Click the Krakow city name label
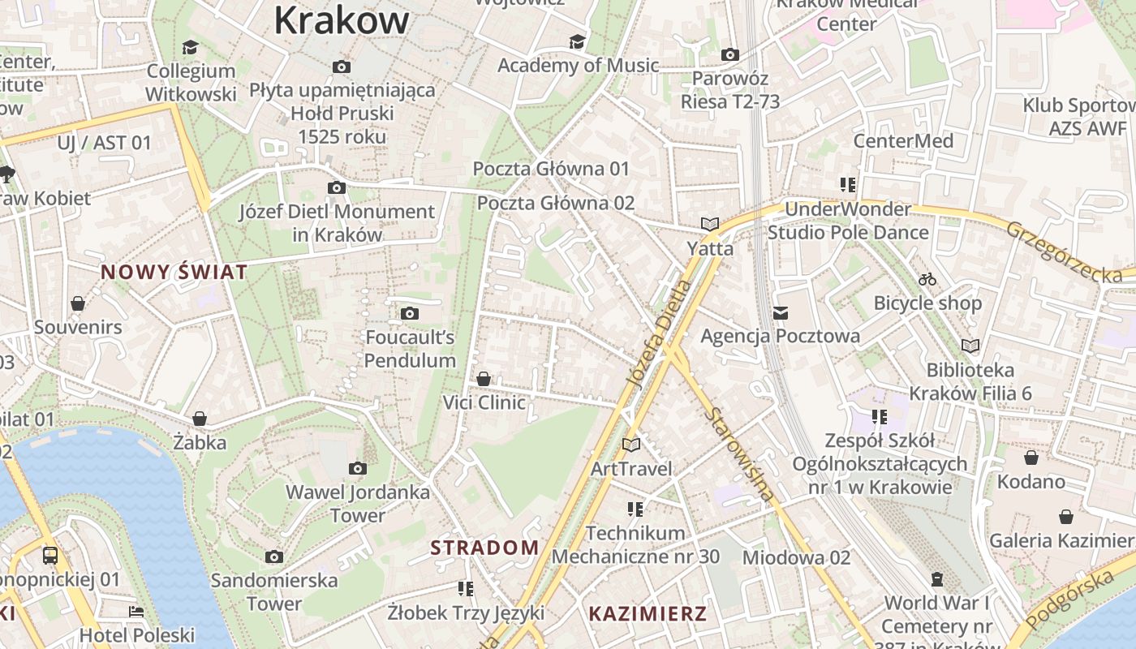tap(341, 19)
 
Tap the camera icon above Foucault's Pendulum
tap(410, 313)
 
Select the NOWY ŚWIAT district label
tap(174, 272)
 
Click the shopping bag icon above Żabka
tap(200, 419)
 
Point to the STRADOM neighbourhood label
tap(484, 548)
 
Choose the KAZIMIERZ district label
tap(648, 613)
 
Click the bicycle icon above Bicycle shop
tap(927, 279)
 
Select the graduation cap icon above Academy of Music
tap(577, 41)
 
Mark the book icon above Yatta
tap(710, 224)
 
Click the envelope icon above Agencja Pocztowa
tap(781, 312)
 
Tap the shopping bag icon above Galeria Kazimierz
tap(1066, 517)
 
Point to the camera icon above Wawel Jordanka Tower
tap(357, 468)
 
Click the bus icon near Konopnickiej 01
tap(50, 556)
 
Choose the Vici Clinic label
tap(484, 402)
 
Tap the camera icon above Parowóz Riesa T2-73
tap(730, 54)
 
